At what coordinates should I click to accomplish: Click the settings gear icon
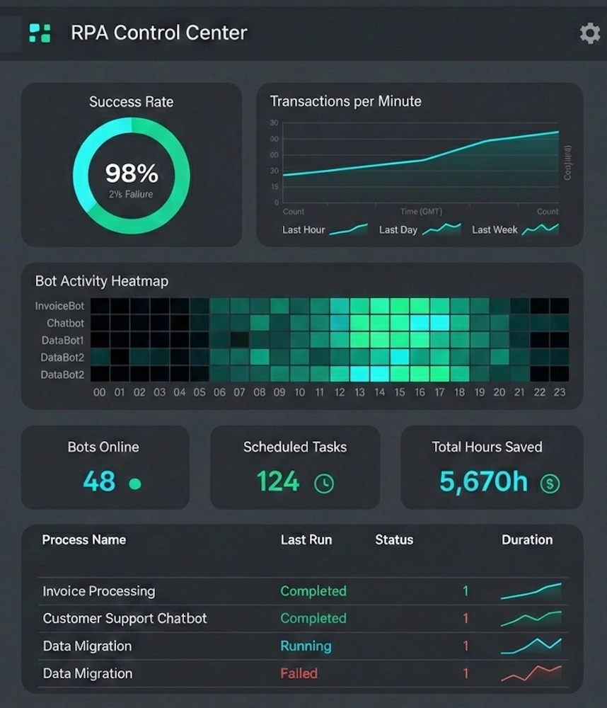(x=589, y=33)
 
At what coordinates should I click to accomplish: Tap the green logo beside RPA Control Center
(x=40, y=33)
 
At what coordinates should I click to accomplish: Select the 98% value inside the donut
(x=132, y=173)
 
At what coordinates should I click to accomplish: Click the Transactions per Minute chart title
(x=345, y=101)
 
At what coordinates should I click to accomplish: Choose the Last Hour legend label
(x=303, y=230)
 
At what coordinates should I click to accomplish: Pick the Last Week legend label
(x=495, y=230)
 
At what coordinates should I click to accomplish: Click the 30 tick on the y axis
(x=274, y=123)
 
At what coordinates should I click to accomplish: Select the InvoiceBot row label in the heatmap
(x=59, y=306)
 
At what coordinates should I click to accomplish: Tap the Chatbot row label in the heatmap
(x=65, y=323)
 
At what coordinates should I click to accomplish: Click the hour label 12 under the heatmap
(x=340, y=392)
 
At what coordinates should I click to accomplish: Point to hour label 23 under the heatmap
(x=560, y=392)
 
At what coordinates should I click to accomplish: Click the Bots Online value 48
(x=99, y=482)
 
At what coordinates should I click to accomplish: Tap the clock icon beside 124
(x=324, y=484)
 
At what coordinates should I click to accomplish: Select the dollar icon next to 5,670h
(x=550, y=484)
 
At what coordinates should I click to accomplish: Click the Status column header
(x=394, y=539)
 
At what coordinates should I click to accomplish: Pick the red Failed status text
(x=299, y=673)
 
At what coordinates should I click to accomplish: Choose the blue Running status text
(x=306, y=646)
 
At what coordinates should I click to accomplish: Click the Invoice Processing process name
(x=98, y=591)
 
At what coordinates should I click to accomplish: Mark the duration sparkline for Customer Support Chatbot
(x=531, y=619)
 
